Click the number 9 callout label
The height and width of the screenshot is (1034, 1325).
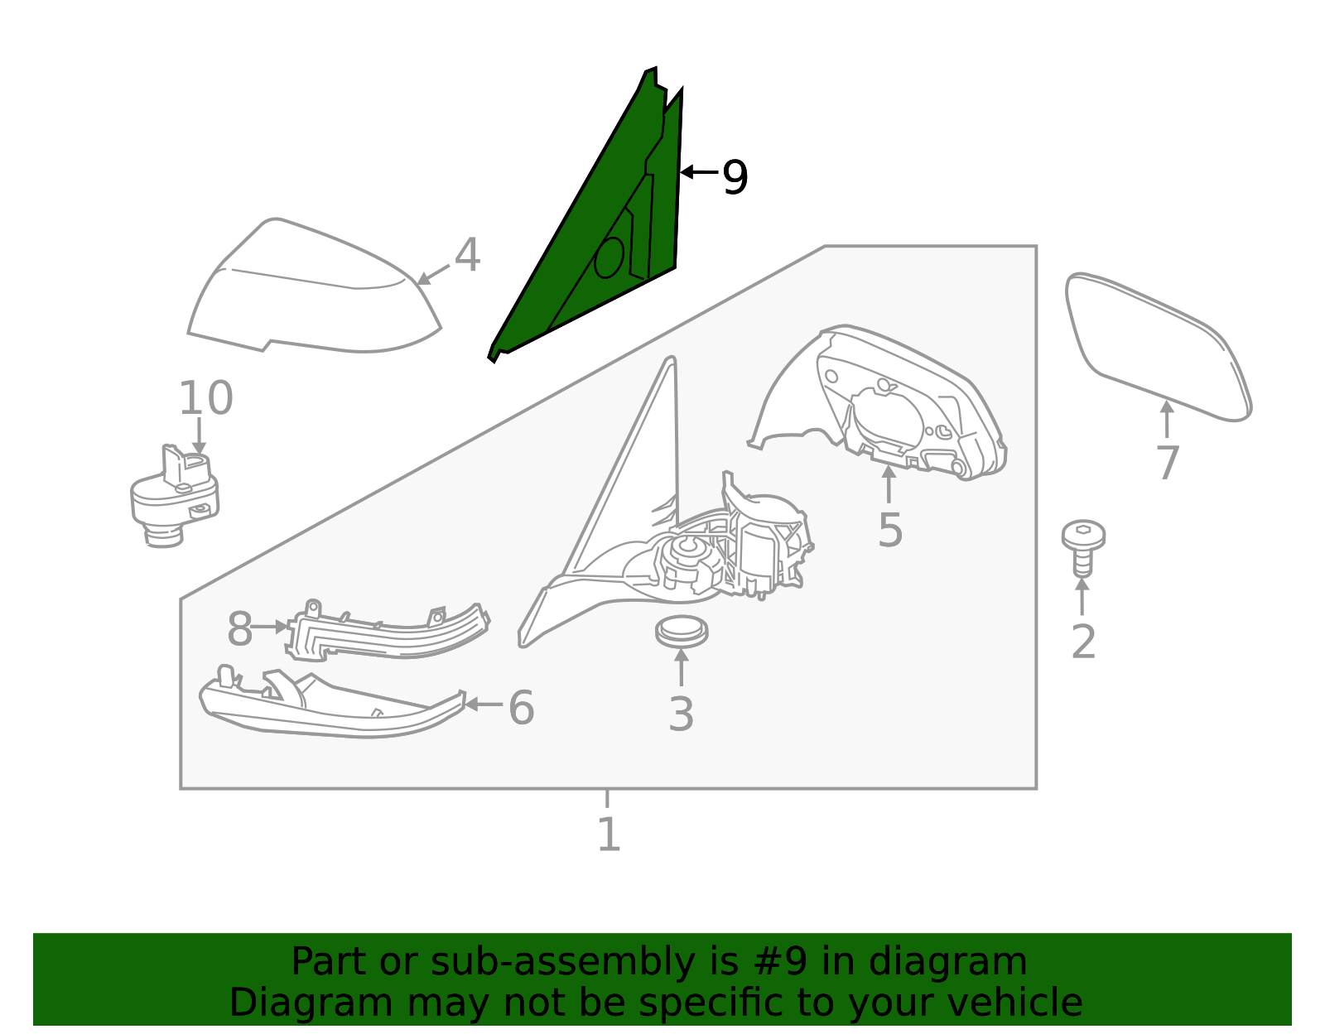coord(735,177)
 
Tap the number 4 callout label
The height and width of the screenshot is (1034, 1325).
coord(468,255)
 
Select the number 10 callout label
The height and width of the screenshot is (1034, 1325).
coord(205,398)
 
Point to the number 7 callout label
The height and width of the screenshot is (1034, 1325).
coord(1168,464)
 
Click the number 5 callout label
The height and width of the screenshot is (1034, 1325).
coord(889,530)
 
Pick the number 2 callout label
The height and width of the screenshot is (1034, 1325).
coord(1083,642)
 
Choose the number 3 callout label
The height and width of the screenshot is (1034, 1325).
coord(681,714)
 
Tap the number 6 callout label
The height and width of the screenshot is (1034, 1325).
coord(522,708)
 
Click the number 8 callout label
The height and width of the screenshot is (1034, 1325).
coord(239,629)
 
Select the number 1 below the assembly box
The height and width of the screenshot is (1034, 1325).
coord(609,834)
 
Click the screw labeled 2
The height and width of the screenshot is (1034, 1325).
coord(1083,547)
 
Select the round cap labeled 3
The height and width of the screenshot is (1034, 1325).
coord(682,632)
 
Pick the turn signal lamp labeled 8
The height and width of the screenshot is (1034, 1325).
coord(388,632)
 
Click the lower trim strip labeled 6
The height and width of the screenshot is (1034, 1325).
coord(332,704)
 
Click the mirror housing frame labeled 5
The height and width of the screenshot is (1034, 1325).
coord(878,402)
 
